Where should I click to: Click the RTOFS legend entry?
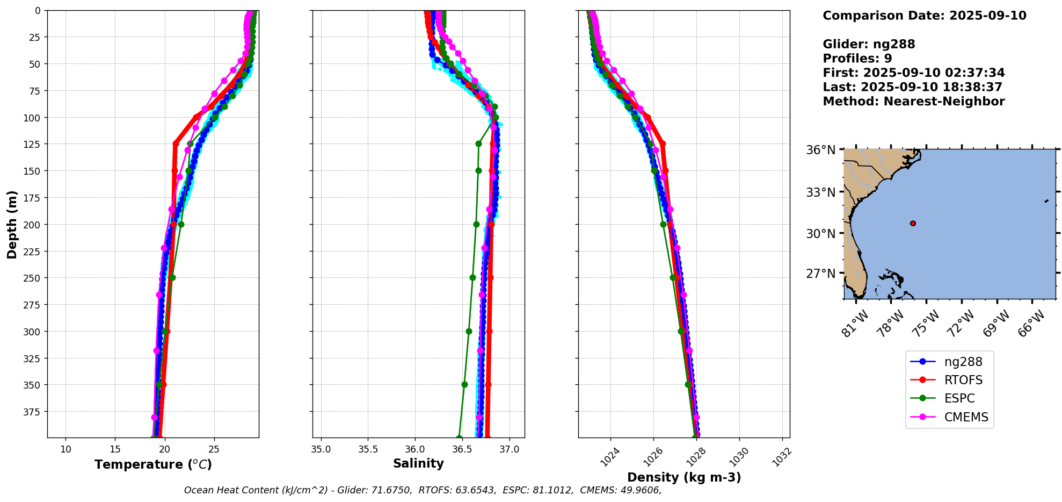963,380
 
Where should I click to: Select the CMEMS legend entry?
965,417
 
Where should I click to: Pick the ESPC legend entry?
959,398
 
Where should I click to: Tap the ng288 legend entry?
963,362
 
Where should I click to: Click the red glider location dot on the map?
913,223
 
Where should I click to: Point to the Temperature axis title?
153,464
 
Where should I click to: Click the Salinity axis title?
418,463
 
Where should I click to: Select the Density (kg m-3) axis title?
683,477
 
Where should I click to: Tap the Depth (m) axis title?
12,224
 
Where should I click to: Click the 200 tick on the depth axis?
33,225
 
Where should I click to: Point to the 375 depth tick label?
33,412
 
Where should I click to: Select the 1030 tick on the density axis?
739,457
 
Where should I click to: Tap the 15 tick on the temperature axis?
115,449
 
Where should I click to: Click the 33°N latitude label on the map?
820,192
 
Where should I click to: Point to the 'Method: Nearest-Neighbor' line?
913,102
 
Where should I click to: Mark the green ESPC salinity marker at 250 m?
472,278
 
